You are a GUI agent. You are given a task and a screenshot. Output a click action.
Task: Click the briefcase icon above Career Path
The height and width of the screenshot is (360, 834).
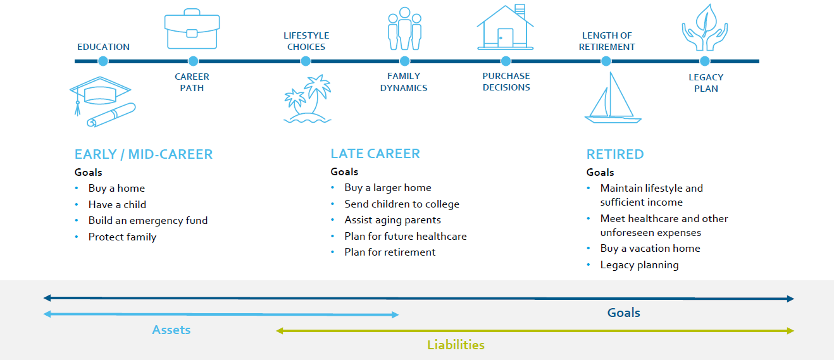[x=192, y=29]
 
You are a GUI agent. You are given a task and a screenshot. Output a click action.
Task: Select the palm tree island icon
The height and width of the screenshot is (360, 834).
[x=308, y=99]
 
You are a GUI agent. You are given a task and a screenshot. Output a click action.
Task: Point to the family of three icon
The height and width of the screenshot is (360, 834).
[x=404, y=28]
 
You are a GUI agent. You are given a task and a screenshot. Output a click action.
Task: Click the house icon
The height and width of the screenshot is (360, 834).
[x=505, y=27]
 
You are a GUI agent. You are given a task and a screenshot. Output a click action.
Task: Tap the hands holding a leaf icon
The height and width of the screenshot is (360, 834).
[x=705, y=27]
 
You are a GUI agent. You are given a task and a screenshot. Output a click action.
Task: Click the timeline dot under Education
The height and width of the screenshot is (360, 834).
[x=103, y=61]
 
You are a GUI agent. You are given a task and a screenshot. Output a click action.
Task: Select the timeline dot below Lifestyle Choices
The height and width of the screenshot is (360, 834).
[x=306, y=61]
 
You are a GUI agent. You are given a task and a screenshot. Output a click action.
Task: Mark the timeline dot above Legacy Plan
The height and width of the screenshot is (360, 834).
[x=704, y=61]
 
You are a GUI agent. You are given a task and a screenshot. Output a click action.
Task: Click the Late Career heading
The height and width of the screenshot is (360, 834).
[x=375, y=154]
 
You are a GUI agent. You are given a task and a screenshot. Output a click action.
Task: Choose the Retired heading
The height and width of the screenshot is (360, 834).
[x=615, y=154]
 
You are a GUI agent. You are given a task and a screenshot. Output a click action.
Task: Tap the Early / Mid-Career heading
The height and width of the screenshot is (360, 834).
[x=144, y=154]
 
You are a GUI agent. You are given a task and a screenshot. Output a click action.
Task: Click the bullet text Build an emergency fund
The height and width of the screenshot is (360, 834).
[x=148, y=220]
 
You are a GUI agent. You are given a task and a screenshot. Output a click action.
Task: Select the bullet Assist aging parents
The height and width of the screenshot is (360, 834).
[x=392, y=220]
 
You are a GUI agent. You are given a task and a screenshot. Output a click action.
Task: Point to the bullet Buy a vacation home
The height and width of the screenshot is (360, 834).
[x=650, y=248]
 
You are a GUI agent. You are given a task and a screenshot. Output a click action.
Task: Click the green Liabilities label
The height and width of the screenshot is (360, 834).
[x=456, y=345]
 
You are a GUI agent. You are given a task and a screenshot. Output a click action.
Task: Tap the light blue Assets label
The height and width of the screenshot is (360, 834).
[x=171, y=330]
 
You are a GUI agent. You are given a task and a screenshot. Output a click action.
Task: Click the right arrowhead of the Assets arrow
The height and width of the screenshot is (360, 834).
[x=395, y=315]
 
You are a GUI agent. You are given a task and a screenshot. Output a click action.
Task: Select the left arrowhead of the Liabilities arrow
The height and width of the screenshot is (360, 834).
[x=279, y=331]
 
